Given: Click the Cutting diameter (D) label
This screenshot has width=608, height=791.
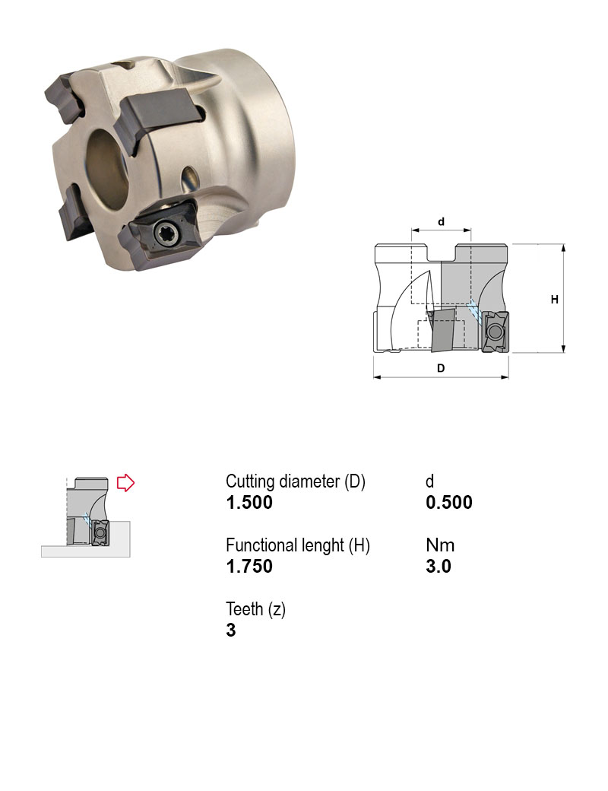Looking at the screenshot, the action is (x=296, y=481).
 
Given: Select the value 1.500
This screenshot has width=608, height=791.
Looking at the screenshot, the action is (x=249, y=503).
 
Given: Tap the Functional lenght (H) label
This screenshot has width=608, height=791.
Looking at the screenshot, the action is (x=298, y=545).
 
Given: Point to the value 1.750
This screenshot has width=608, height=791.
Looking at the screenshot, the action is (x=249, y=567).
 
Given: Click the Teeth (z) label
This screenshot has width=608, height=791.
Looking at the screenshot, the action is (x=255, y=609).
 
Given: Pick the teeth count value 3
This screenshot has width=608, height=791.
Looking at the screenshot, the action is (x=231, y=630).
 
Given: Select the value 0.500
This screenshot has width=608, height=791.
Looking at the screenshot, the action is (x=449, y=503).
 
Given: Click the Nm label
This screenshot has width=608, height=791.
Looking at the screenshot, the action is (x=440, y=545).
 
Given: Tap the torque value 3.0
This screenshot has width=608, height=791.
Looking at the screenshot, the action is (x=439, y=567).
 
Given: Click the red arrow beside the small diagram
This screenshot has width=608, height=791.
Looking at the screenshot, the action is (x=125, y=483).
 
